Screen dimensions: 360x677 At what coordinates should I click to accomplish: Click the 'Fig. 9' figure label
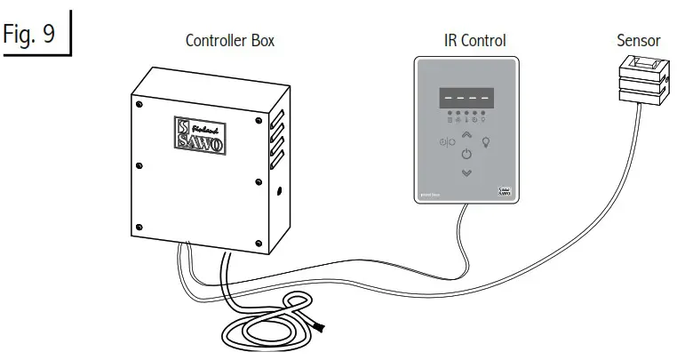coord(32,35)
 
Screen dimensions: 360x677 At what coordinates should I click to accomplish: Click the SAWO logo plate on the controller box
coord(200,136)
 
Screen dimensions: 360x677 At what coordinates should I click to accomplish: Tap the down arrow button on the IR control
coord(466,172)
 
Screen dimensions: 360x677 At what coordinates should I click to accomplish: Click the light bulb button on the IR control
coord(486,141)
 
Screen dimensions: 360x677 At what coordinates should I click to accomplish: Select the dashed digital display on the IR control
coord(466,98)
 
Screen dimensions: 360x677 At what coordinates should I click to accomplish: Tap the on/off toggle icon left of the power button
coord(445,142)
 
